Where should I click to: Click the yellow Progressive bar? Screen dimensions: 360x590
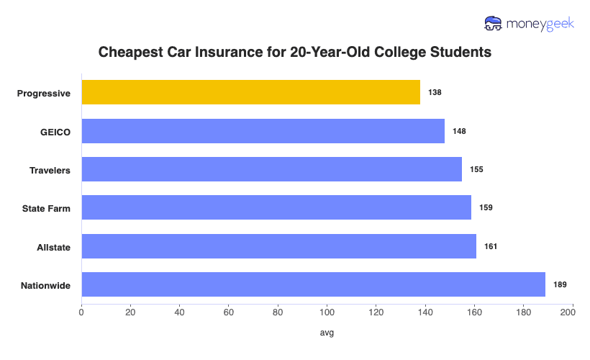[x=250, y=93]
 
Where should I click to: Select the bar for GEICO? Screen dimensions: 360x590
[x=263, y=131]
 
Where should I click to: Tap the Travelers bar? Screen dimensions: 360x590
[x=271, y=169]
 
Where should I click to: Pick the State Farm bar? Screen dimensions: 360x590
[x=276, y=207]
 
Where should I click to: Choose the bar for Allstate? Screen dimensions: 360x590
[x=278, y=246]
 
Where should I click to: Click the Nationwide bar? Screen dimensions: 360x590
[x=313, y=284]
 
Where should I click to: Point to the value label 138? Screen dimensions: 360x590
[x=434, y=93]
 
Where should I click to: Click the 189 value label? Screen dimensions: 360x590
[x=560, y=284]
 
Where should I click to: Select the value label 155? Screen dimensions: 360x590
[x=476, y=169]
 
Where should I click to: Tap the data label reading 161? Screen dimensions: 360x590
[x=490, y=246]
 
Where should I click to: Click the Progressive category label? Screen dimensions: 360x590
[x=43, y=93]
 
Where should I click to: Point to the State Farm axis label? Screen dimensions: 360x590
[x=47, y=208]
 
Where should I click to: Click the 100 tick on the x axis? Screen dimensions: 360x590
[x=327, y=312]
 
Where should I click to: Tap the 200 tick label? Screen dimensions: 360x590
[x=572, y=312]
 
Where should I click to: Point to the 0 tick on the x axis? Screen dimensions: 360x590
[x=81, y=312]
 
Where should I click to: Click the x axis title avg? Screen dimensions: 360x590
[x=327, y=333]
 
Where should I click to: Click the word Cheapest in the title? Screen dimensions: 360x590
[x=127, y=53]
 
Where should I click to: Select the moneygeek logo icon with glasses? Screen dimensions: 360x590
[x=494, y=23]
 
